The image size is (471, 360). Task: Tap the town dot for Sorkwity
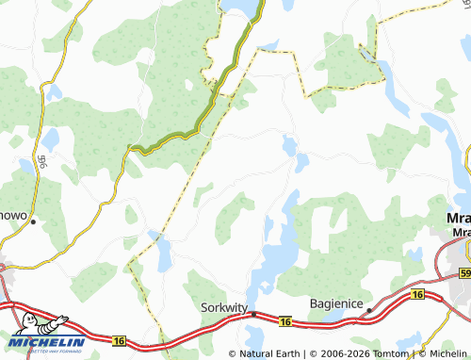click(x=252, y=315)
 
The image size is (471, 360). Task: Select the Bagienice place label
click(x=336, y=303)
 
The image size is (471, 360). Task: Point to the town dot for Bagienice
click(x=369, y=309)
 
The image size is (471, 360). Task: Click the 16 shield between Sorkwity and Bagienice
click(x=284, y=322)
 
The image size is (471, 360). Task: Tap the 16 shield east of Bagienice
click(x=416, y=295)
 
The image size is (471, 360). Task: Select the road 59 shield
click(x=464, y=273)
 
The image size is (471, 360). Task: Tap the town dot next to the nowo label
click(x=33, y=222)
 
